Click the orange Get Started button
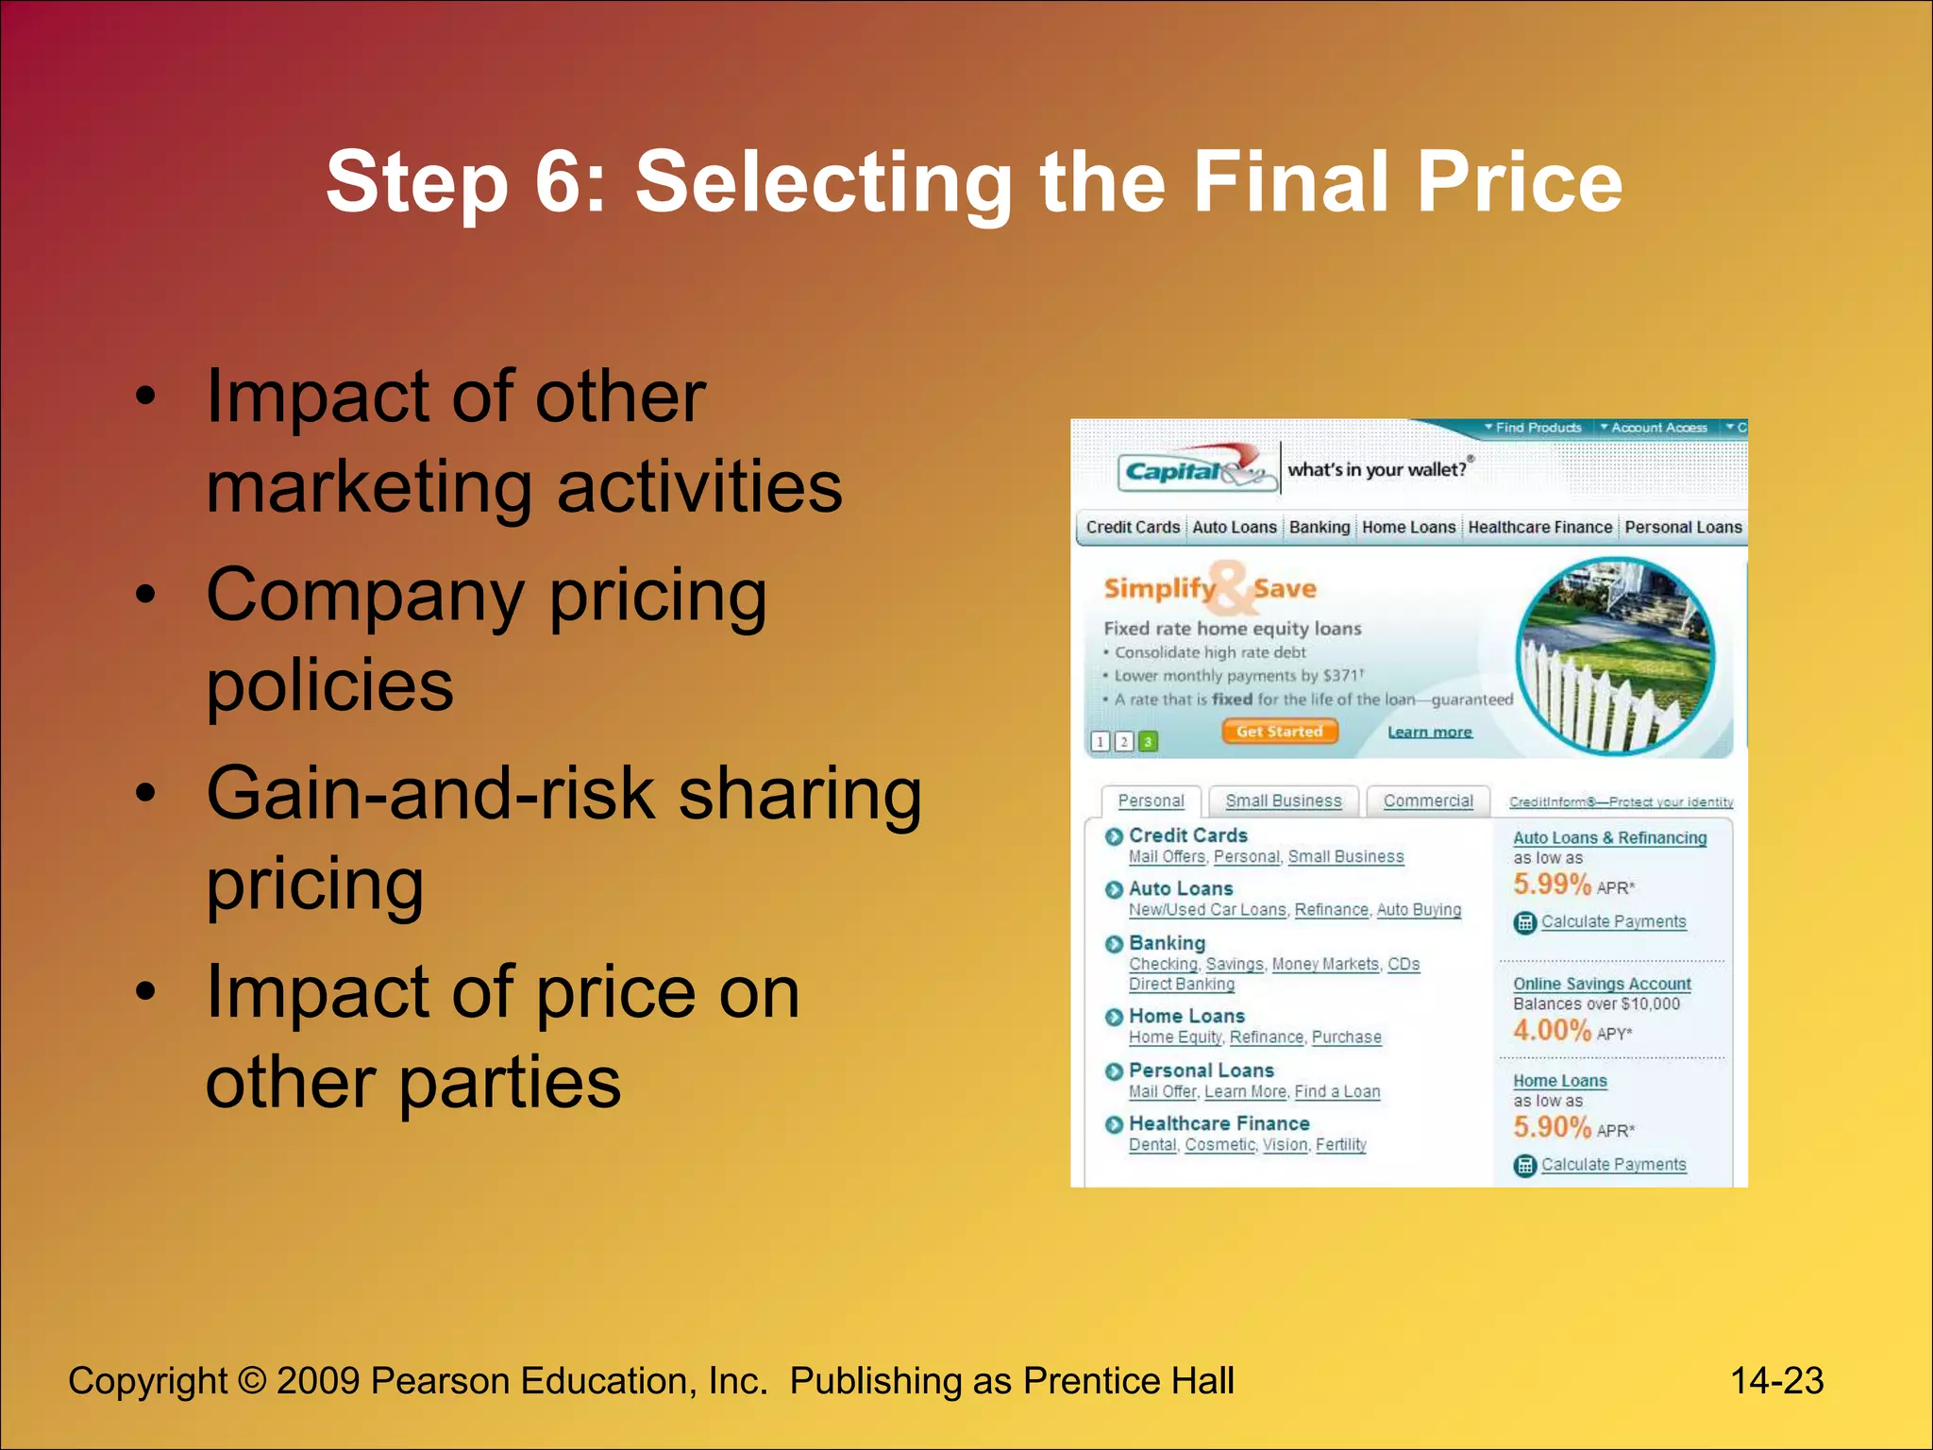point(1279,732)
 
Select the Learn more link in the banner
point(1429,733)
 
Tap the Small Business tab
point(1283,801)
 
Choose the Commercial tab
point(1427,801)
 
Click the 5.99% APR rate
point(1552,885)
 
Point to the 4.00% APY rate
point(1552,1030)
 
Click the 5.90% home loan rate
point(1552,1127)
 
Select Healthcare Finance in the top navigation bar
point(1539,527)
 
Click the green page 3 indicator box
point(1147,742)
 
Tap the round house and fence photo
point(1614,656)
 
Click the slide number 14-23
point(1776,1381)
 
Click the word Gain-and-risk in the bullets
point(430,793)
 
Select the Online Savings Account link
point(1602,984)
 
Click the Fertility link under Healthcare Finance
point(1340,1144)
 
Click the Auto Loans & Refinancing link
point(1609,837)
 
